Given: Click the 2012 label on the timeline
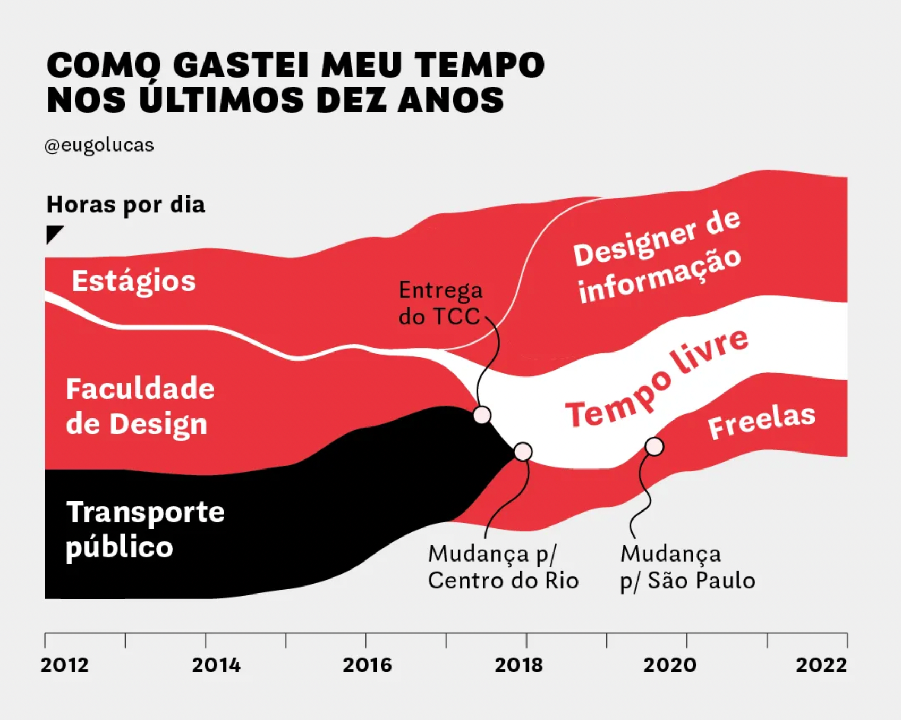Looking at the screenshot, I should [64, 665].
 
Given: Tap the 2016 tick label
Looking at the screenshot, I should [367, 665].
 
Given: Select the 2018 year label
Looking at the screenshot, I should [518, 665].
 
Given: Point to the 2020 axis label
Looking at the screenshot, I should [670, 665].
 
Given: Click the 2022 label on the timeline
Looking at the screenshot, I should [821, 665].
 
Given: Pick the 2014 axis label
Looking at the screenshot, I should [216, 665].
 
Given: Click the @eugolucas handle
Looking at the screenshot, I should [99, 145].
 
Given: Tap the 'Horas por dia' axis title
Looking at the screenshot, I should [126, 205].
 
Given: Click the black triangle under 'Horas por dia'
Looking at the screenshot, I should [53, 233].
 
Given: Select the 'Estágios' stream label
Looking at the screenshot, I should [134, 281].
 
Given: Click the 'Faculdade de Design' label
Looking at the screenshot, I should [140, 406].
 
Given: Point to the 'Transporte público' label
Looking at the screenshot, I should [145, 530].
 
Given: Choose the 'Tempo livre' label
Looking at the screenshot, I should [657, 379].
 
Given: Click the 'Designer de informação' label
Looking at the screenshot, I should [657, 257].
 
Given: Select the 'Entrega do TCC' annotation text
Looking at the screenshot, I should [440, 304].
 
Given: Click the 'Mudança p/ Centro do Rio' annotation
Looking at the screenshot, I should [503, 567].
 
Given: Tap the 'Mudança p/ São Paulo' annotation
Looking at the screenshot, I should [687, 567].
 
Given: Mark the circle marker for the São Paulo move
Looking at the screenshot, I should [654, 446].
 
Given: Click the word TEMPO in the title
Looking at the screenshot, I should [480, 65].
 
